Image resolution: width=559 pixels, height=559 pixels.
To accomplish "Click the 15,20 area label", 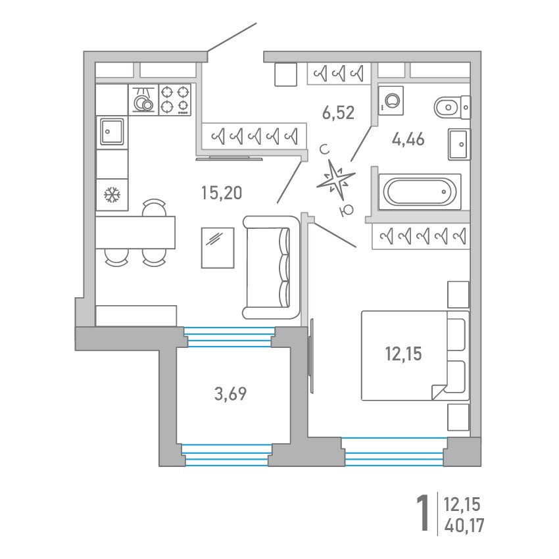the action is pyautogui.click(x=222, y=193).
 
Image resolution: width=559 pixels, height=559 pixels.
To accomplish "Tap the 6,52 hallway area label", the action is pyautogui.click(x=338, y=112).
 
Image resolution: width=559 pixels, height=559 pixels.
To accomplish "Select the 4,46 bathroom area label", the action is pyautogui.click(x=408, y=139).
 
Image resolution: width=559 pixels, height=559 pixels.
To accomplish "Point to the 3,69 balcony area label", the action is pyautogui.click(x=230, y=394).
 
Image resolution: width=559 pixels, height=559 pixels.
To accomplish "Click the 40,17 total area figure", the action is pyautogui.click(x=464, y=525).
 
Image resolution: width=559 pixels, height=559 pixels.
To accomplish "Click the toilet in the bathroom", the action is pyautogui.click(x=452, y=107).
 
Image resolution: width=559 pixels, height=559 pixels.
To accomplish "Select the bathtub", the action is pyautogui.click(x=420, y=191).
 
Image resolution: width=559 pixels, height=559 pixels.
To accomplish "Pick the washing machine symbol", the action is pyautogui.click(x=391, y=101).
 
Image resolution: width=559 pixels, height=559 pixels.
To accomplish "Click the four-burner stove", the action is pyautogui.click(x=175, y=100).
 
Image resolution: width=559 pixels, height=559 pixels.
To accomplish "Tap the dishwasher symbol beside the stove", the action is pyautogui.click(x=143, y=100).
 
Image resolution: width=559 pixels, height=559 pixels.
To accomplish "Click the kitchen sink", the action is pyautogui.click(x=112, y=132).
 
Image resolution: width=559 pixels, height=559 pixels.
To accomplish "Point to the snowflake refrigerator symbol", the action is pyautogui.click(x=112, y=195).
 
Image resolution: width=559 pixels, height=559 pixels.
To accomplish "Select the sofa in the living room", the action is pyautogui.click(x=271, y=268).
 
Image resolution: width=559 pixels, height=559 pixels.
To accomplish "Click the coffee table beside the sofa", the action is pyautogui.click(x=218, y=248).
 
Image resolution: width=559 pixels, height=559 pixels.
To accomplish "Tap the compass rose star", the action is pyautogui.click(x=335, y=180).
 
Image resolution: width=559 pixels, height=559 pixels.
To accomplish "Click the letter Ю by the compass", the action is pyautogui.click(x=347, y=210).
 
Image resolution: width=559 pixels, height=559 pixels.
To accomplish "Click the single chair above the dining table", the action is pyautogui.click(x=154, y=207).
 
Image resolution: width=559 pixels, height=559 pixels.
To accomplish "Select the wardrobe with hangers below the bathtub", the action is pyautogui.click(x=421, y=236).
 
